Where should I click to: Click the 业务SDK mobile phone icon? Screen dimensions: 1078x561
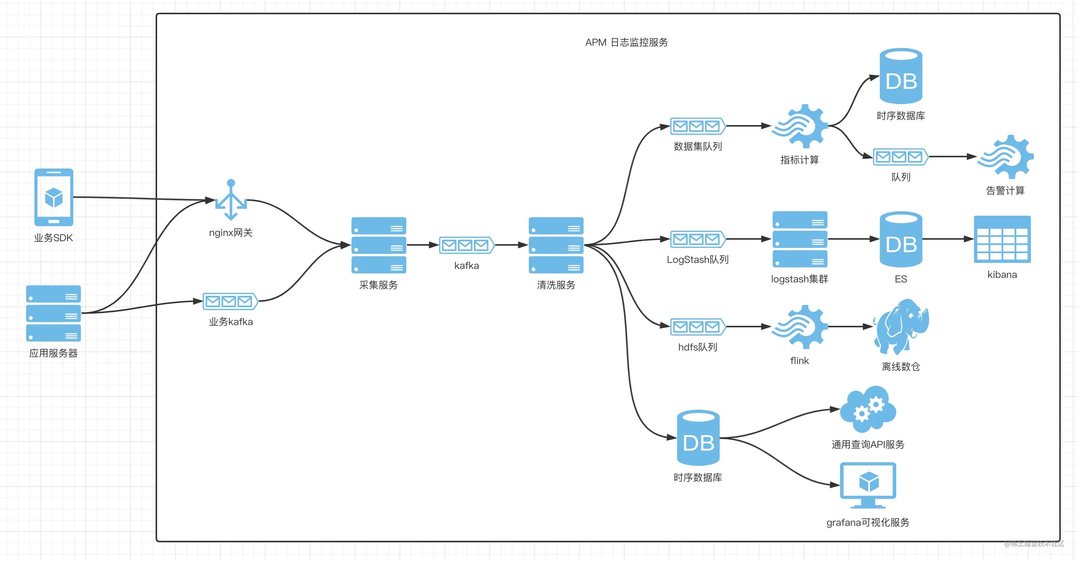point(53,197)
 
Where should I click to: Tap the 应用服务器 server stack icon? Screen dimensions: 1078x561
point(53,313)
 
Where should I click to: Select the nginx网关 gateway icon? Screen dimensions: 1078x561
point(231,200)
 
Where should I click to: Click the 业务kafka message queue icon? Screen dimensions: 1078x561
point(230,301)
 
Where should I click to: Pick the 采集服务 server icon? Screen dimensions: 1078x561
point(379,245)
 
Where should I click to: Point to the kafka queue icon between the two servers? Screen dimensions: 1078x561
point(466,245)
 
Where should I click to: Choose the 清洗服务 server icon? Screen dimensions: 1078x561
point(556,245)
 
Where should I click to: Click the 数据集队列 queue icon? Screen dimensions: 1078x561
point(698,126)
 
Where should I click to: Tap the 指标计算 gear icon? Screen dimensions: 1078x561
point(800,126)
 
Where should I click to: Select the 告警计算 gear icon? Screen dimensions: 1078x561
point(1005,157)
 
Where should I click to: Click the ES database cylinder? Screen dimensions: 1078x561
point(901,239)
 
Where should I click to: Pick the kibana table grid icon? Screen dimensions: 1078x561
point(1002,239)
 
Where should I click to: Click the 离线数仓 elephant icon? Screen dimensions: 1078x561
point(901,327)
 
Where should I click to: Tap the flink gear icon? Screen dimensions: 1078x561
point(800,327)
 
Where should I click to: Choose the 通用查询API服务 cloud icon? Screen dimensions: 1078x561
point(868,409)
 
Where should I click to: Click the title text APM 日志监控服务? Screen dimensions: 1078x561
point(627,42)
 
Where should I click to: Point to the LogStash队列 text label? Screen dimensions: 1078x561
point(698,260)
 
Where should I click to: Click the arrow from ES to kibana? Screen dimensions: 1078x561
point(948,239)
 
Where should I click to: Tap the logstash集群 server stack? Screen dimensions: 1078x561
point(800,239)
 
